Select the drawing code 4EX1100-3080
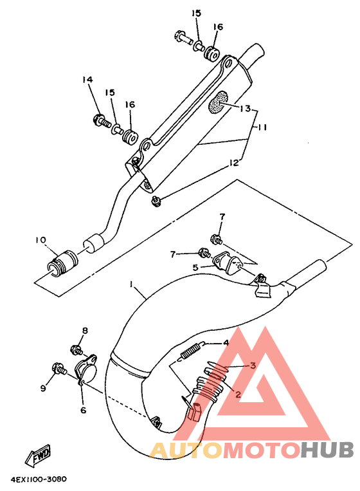[39, 479]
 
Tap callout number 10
[40, 240]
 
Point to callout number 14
[87, 80]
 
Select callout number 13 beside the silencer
[245, 108]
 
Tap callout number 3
[253, 365]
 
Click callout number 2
[238, 394]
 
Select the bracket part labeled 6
[86, 369]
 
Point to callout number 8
[85, 330]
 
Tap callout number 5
[195, 268]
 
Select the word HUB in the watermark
[327, 450]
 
